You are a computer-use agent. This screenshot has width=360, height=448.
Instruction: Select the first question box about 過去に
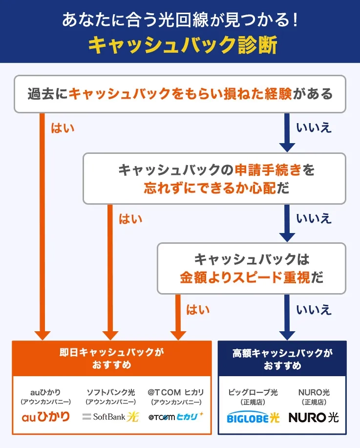pyautogui.click(x=180, y=94)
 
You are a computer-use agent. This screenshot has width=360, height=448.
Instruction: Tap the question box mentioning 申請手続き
pyautogui.click(x=214, y=178)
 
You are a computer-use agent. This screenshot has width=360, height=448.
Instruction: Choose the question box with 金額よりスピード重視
pyautogui.click(x=251, y=268)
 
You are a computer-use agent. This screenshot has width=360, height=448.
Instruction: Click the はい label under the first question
pyautogui.click(x=63, y=128)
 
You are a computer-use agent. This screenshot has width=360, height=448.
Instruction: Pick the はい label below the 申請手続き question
pyautogui.click(x=130, y=218)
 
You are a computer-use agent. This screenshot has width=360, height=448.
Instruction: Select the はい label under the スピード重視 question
pyautogui.click(x=198, y=309)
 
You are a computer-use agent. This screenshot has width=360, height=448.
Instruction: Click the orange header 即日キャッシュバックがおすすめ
pyautogui.click(x=112, y=358)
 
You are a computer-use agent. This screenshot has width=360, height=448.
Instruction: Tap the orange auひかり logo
pyautogui.click(x=46, y=417)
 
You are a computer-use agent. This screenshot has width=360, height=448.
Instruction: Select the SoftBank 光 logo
pyautogui.click(x=111, y=417)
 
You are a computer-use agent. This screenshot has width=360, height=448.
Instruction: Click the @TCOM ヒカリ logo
pyautogui.click(x=176, y=417)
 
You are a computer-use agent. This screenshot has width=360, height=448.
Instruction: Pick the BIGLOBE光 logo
pyautogui.click(x=253, y=418)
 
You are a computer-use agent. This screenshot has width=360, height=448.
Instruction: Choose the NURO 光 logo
pyautogui.click(x=314, y=418)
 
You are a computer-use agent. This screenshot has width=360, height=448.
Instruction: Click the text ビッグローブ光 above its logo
pyautogui.click(x=253, y=392)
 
